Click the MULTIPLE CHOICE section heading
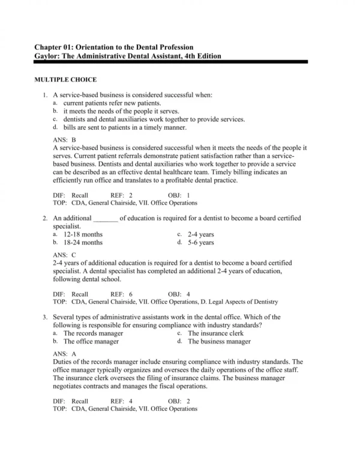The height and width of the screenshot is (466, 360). tap(65, 79)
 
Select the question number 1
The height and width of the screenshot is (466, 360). tap(45, 95)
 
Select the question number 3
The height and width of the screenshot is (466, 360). tap(45, 316)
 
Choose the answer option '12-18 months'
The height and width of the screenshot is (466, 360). tap(83, 234)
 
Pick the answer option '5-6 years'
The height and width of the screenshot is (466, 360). tap(200, 243)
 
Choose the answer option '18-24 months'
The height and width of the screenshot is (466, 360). tap(83, 243)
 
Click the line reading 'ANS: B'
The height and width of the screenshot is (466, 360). tap(65, 139)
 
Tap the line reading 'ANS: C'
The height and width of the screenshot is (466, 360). tap(65, 255)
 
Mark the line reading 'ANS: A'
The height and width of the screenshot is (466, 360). tap(65, 354)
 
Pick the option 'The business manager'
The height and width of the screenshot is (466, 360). tap(219, 341)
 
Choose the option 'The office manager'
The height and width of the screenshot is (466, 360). tap(91, 341)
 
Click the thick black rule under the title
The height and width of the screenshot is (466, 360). tap(180, 62)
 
